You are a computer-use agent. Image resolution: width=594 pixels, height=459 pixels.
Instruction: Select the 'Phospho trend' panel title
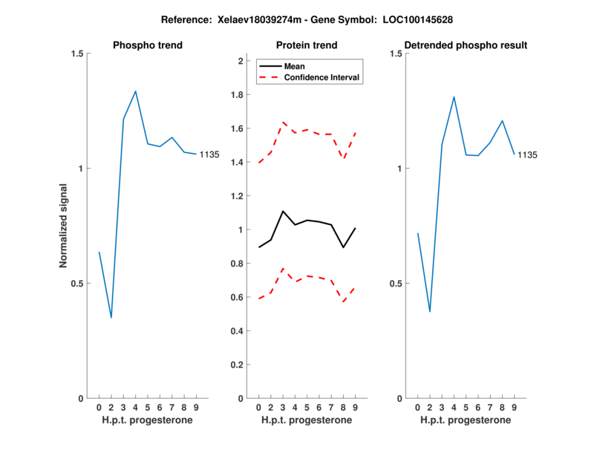tap(148, 45)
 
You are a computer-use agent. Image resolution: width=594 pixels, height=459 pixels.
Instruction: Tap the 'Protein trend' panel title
tap(307, 45)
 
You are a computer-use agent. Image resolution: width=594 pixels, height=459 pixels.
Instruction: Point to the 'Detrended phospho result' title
tap(466, 45)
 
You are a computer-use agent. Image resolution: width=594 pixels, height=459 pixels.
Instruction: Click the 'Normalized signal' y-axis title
tap(64, 226)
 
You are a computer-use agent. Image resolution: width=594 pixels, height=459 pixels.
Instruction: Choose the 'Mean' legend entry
tap(294, 66)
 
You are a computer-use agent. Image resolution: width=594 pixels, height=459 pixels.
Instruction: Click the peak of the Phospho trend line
tap(135, 91)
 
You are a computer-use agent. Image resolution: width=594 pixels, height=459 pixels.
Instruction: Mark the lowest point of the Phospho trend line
tap(111, 318)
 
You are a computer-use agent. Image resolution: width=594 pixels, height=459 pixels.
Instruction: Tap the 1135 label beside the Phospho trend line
tap(209, 154)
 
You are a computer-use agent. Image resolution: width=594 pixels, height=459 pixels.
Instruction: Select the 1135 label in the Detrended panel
tap(527, 154)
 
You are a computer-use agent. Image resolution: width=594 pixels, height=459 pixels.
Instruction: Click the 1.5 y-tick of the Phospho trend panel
tap(76, 53)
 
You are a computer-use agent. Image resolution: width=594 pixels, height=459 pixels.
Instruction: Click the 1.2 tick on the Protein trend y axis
tap(238, 196)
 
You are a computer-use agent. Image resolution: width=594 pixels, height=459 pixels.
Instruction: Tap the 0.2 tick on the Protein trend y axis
tap(238, 365)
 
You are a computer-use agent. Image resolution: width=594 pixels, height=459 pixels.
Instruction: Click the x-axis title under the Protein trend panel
tap(307, 420)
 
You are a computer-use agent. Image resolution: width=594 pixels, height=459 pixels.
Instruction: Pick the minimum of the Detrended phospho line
tap(429, 312)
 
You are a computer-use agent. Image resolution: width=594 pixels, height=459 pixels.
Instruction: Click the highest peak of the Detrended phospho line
tap(454, 97)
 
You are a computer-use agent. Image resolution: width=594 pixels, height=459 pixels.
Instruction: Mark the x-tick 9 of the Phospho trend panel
tap(195, 408)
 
